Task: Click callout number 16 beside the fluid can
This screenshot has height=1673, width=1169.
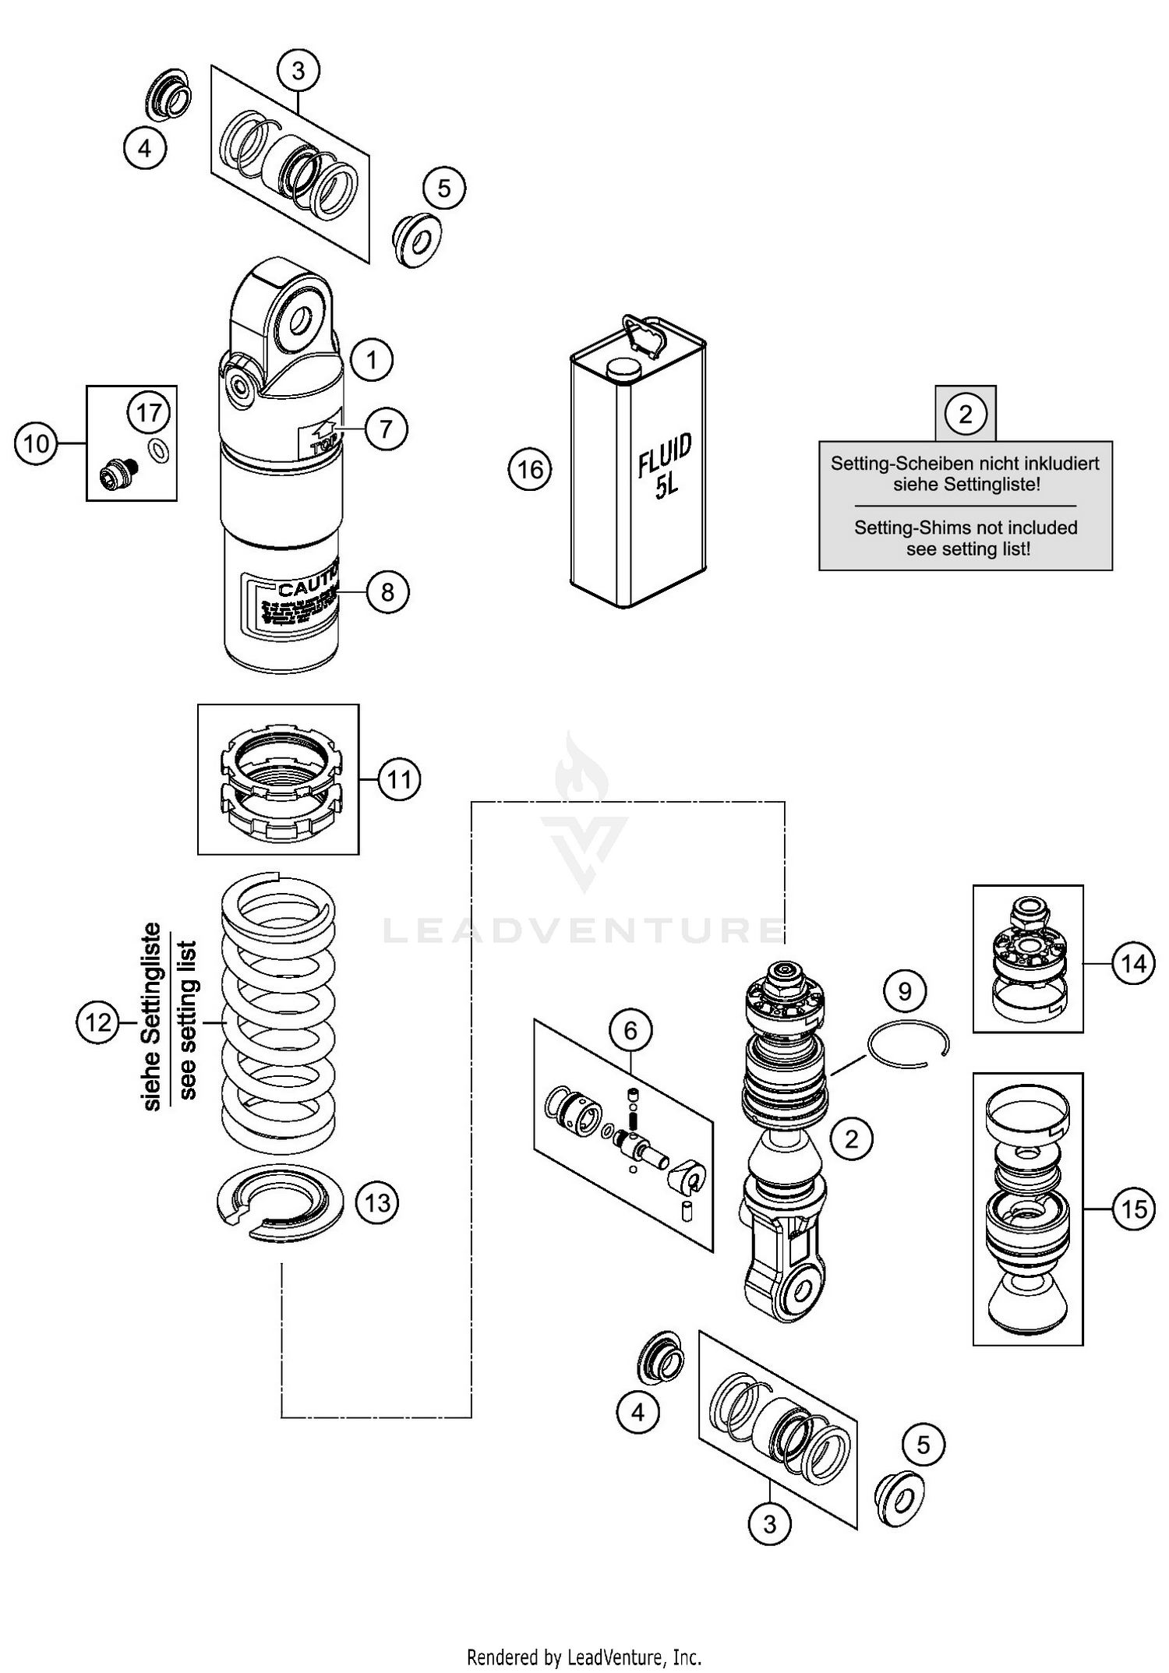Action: pyautogui.click(x=530, y=469)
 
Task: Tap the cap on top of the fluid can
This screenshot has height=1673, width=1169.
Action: pyautogui.click(x=622, y=371)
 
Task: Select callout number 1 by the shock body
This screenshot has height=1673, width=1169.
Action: pyautogui.click(x=371, y=360)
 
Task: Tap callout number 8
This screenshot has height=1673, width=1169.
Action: pyautogui.click(x=387, y=592)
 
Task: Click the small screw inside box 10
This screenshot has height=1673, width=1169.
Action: pyautogui.click(x=117, y=471)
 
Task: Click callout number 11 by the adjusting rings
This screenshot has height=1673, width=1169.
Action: pyautogui.click(x=399, y=778)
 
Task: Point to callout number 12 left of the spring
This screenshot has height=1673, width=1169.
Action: pyautogui.click(x=98, y=1022)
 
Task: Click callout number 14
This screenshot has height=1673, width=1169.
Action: pyautogui.click(x=1133, y=964)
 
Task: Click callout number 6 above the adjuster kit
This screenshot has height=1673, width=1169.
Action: pyautogui.click(x=630, y=1030)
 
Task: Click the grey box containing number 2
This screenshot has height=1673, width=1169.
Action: pyautogui.click(x=966, y=413)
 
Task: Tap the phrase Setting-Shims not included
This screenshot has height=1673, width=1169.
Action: pyautogui.click(x=966, y=528)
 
